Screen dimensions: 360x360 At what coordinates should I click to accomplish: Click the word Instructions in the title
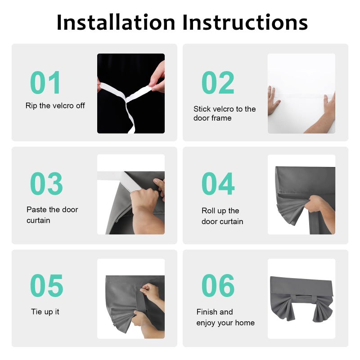[x=245, y=22]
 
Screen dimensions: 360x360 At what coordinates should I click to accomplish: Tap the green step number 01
[x=45, y=82]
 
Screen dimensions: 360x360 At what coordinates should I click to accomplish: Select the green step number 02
[x=218, y=82]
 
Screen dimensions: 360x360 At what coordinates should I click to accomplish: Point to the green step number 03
[x=46, y=184]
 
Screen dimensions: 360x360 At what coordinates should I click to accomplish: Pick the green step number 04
[x=218, y=184]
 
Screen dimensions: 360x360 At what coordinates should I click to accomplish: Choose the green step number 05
[x=47, y=285]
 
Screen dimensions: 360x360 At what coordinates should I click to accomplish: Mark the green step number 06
[x=218, y=285]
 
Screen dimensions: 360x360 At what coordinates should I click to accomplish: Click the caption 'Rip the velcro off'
[x=55, y=106]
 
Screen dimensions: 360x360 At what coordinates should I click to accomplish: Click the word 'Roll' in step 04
[x=208, y=211]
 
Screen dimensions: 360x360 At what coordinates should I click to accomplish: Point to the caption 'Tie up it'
[x=45, y=312]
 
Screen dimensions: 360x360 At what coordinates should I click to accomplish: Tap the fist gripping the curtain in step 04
[x=315, y=203]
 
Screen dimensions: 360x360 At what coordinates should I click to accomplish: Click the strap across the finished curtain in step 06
[x=303, y=298]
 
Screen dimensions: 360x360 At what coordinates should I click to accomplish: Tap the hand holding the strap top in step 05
[x=150, y=292]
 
